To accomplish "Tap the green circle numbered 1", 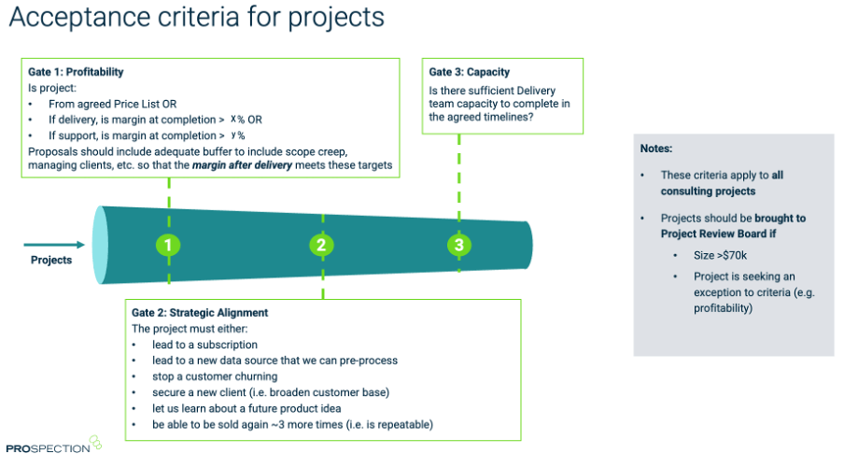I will (168, 246).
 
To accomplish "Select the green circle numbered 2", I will (321, 246).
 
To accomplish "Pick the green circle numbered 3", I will (458, 245).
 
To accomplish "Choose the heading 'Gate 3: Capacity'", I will (471, 72).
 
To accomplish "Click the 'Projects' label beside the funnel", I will (51, 260).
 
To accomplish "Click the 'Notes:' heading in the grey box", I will (657, 149).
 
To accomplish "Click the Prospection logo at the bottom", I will (51, 446).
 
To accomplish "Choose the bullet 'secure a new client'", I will (258, 392).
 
